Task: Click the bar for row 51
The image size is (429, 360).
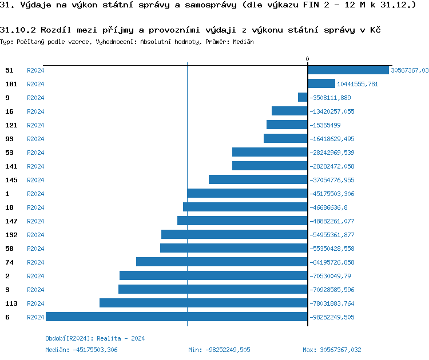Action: pos(348,70)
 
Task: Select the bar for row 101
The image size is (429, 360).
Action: pos(321,84)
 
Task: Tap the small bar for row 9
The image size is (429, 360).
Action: pos(303,98)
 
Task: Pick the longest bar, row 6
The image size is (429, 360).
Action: pos(176,317)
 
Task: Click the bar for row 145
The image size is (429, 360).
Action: pos(258,180)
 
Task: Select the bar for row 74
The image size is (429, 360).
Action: pos(221,262)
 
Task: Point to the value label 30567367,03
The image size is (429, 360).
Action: pos(409,70)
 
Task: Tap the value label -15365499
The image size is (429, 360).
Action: pos(325,125)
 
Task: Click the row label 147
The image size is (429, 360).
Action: pos(11,221)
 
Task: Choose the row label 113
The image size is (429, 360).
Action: pos(11,303)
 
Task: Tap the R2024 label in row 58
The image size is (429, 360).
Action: pos(35,249)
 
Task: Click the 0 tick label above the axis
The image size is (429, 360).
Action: pos(307,59)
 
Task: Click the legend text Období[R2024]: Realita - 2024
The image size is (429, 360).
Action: pos(95,338)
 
